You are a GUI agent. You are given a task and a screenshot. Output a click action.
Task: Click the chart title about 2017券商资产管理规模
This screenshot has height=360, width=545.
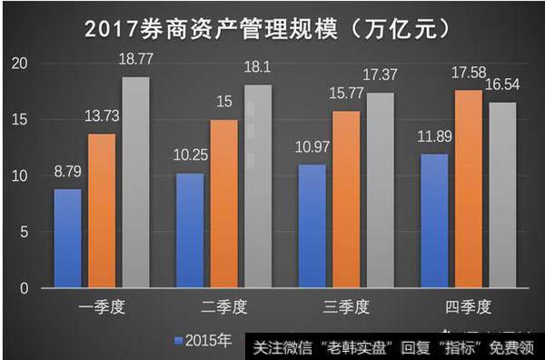point(272,29)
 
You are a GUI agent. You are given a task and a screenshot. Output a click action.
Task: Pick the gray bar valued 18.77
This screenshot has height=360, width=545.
point(136,182)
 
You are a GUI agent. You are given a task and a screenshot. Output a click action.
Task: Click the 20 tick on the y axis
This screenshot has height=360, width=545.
point(21,64)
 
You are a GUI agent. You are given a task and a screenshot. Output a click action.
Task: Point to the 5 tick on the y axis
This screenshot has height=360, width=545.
point(25,233)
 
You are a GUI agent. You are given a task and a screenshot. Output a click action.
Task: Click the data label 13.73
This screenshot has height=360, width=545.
point(102,115)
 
